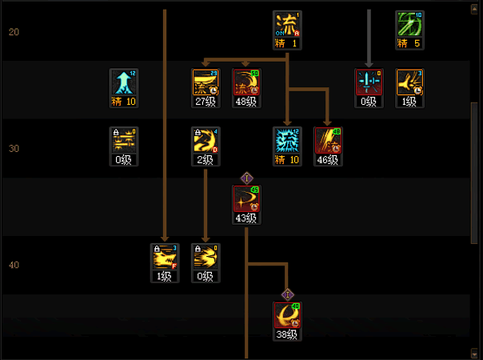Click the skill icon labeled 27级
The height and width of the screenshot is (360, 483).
(x=206, y=82)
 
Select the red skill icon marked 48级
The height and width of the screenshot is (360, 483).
(x=246, y=82)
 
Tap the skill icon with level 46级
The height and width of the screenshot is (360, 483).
(x=328, y=141)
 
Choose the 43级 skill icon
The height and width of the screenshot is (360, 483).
(x=246, y=199)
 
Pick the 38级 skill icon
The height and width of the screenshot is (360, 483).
(x=287, y=316)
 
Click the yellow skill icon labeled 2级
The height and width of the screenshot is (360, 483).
(x=206, y=141)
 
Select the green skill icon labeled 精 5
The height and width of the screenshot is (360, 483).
(x=409, y=24)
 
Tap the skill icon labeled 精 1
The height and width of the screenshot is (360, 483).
(x=287, y=24)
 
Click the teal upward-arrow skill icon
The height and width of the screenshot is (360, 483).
(x=124, y=82)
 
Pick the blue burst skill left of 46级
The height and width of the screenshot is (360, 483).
(x=287, y=141)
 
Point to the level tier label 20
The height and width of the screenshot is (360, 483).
(x=14, y=32)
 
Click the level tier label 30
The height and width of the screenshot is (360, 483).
(x=14, y=149)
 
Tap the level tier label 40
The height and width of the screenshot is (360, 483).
(x=14, y=265)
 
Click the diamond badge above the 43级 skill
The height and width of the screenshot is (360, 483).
(x=246, y=178)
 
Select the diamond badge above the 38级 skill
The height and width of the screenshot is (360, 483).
(x=287, y=294)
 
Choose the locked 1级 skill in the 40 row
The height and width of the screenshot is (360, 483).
(x=165, y=258)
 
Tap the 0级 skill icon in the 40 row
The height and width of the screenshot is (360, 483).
(x=206, y=258)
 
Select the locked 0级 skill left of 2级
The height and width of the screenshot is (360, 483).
(x=124, y=141)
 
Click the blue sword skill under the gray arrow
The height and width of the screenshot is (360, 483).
(x=369, y=82)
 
